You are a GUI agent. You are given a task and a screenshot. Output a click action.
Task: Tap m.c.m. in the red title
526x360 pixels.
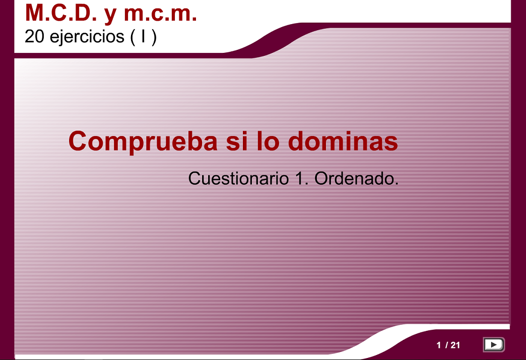(x=160, y=14)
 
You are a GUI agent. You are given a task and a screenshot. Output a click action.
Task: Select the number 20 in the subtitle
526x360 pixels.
(x=35, y=36)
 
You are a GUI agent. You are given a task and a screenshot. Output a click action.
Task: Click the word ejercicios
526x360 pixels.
(x=87, y=37)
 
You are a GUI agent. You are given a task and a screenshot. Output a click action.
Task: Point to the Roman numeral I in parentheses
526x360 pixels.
(x=144, y=36)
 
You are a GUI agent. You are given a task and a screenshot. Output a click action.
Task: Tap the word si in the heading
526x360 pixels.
(x=236, y=141)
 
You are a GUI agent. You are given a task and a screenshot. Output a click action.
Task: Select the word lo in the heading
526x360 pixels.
(x=268, y=141)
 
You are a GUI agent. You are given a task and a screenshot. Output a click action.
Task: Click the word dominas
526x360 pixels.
(x=343, y=141)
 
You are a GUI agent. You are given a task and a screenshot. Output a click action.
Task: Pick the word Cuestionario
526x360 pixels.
(x=238, y=178)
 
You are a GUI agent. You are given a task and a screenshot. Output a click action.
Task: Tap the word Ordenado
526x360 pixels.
(x=356, y=178)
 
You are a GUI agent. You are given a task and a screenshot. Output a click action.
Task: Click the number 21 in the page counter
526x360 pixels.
(x=455, y=345)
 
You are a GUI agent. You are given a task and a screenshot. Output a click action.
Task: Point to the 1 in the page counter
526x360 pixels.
(x=439, y=345)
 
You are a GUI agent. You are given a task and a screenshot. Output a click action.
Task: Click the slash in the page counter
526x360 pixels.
(x=446, y=345)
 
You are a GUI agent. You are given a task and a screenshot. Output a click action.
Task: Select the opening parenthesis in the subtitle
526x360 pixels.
(x=133, y=37)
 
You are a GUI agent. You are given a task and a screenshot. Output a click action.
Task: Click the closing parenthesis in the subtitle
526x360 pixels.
(x=154, y=37)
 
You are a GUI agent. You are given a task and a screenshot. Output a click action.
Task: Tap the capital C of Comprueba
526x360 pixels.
(x=78, y=141)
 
